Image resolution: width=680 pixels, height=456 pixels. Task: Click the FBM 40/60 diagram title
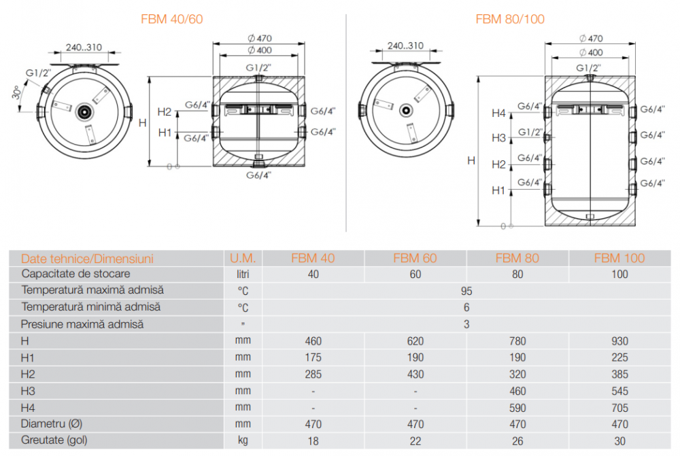[172, 19]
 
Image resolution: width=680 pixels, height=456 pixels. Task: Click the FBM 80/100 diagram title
[510, 19]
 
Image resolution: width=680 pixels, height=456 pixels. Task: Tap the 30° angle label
[16, 92]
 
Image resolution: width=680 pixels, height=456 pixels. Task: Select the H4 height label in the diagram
[498, 113]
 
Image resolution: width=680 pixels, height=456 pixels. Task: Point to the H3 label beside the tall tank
[498, 138]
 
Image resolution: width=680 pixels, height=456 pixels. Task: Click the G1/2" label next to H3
[530, 132]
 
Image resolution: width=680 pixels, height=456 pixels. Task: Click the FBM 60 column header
[415, 258]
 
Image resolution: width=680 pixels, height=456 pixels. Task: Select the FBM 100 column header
[619, 258]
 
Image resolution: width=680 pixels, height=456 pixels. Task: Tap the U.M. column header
[243, 258]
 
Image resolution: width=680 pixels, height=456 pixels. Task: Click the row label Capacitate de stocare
[76, 274]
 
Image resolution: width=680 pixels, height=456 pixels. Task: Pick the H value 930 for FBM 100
[619, 341]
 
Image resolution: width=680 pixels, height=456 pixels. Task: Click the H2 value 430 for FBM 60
[415, 374]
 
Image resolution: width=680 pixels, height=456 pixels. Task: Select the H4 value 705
[619, 408]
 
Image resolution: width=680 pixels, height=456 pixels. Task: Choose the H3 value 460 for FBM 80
[517, 391]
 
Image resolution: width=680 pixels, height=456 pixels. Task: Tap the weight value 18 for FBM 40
[313, 441]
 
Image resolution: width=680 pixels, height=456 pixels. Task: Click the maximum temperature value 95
[466, 291]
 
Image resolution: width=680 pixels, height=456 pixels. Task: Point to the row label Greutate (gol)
[54, 440]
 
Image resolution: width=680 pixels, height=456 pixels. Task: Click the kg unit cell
[243, 441]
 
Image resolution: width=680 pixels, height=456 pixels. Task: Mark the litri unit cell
[243, 275]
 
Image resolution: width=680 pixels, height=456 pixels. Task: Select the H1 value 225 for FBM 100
[619, 357]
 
